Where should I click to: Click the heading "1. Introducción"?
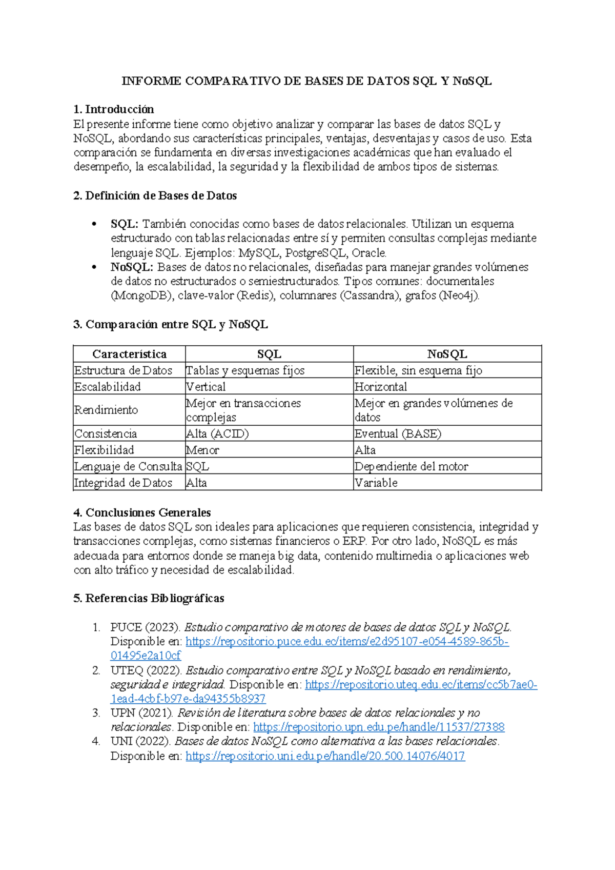(x=113, y=109)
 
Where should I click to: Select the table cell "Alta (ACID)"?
(x=217, y=433)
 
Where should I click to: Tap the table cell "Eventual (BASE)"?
(x=397, y=433)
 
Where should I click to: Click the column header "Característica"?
(x=129, y=354)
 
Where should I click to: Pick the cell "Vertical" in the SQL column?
(x=206, y=387)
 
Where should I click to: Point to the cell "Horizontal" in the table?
(x=380, y=387)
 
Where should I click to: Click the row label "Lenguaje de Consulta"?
(x=128, y=466)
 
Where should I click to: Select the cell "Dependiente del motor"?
(x=411, y=466)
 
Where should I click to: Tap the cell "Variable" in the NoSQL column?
(x=376, y=483)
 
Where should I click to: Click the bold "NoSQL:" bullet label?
(x=132, y=267)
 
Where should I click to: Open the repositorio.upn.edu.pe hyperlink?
(x=379, y=727)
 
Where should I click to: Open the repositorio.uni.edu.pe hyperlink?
(x=325, y=756)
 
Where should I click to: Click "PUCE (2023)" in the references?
(x=146, y=627)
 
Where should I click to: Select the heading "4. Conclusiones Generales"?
(x=142, y=512)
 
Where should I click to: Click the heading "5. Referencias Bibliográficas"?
(x=149, y=598)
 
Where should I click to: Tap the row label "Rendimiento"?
(x=106, y=410)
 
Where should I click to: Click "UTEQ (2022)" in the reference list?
(x=146, y=670)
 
